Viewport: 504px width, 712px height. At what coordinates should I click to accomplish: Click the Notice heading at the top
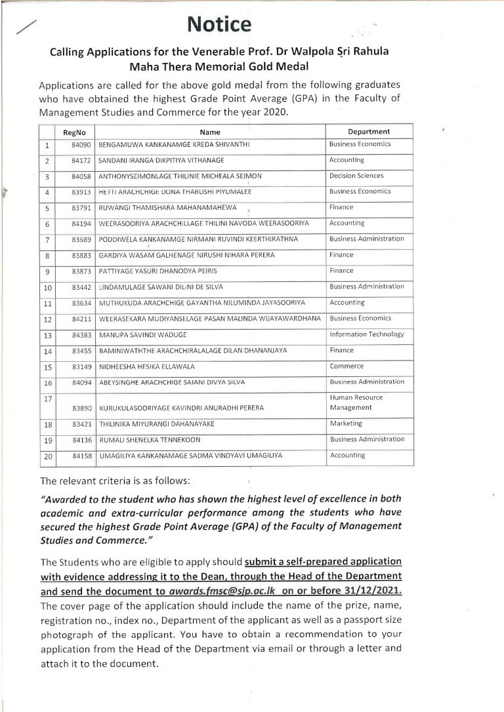220,24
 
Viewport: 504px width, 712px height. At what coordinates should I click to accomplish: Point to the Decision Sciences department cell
356,176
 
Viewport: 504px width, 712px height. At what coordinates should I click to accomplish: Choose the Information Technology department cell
367,334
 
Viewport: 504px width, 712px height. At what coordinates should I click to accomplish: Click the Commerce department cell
346,366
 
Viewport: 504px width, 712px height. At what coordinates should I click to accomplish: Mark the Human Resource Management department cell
356,403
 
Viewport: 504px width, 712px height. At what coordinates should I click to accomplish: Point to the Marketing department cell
346,424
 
